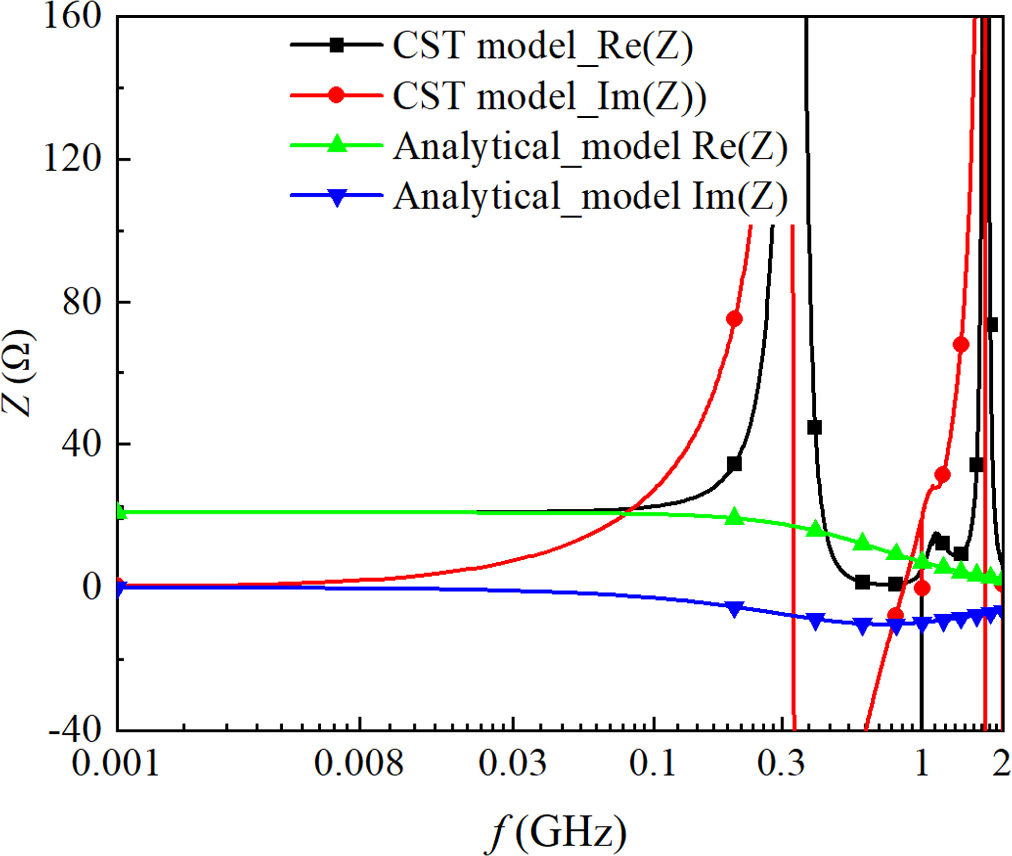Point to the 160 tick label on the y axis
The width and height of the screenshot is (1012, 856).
point(72,18)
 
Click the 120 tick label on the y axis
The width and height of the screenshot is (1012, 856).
point(72,159)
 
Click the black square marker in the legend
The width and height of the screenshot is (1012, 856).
point(337,45)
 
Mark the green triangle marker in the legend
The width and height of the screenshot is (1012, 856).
point(337,145)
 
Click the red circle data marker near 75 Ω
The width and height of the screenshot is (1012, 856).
point(734,319)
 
